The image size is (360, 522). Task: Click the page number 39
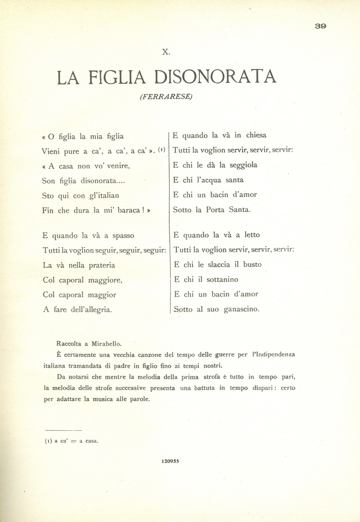click(x=320, y=26)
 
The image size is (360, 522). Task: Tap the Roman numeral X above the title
click(x=166, y=52)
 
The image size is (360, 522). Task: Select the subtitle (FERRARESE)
click(x=166, y=97)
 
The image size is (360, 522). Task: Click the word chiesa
click(x=256, y=135)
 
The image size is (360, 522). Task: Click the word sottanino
click(x=220, y=280)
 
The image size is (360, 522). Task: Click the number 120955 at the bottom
click(x=170, y=460)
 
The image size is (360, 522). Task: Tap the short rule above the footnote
click(x=63, y=431)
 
